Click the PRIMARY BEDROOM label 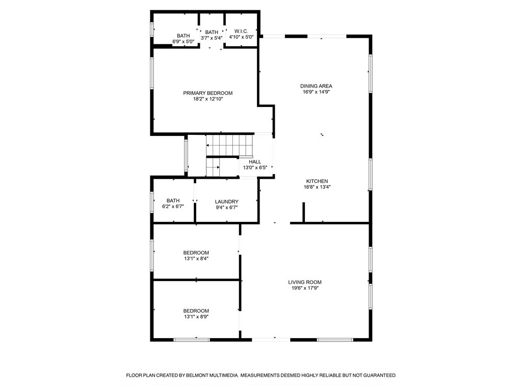(207, 93)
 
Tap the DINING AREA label (316, 86)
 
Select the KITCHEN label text (317, 181)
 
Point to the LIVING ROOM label (305, 282)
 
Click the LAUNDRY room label (226, 202)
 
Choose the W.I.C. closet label (241, 31)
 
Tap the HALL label (255, 162)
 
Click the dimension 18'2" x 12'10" (207, 99)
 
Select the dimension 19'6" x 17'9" (305, 288)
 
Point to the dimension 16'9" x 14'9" (316, 92)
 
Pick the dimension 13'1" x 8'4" (196, 259)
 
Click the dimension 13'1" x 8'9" (196, 317)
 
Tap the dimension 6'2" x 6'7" (173, 207)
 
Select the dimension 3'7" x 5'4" (212, 38)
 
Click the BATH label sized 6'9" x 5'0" (183, 36)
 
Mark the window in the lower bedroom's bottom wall (192, 339)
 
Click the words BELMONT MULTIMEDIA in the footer (212, 375)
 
